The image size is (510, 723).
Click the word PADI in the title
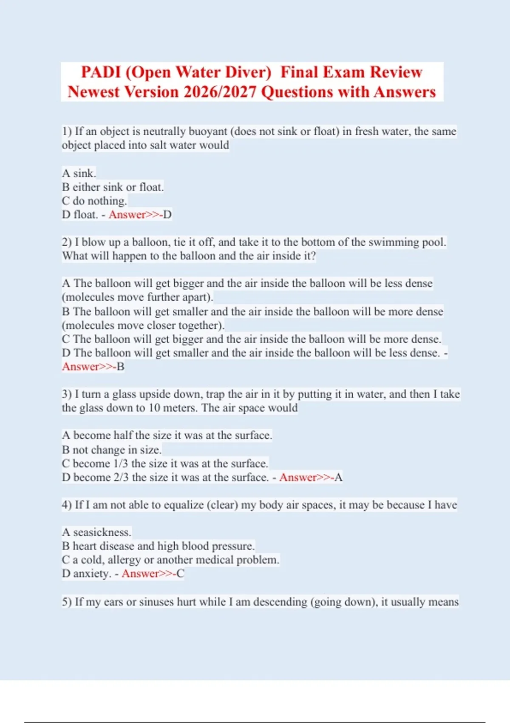[x=101, y=72]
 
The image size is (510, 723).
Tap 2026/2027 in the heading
[x=220, y=92]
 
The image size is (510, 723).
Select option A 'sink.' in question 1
[x=79, y=173]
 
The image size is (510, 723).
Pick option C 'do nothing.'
[x=94, y=201]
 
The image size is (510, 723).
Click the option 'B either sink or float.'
[x=113, y=187]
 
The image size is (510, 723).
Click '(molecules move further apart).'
[x=137, y=297]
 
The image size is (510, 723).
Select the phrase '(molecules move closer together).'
[x=143, y=325]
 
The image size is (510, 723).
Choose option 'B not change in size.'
[x=111, y=450]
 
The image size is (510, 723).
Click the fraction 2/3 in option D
[x=121, y=477]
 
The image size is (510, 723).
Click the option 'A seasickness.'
[x=96, y=532]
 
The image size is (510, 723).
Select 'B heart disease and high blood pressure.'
[x=158, y=546]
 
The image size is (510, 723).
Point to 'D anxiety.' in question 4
[x=87, y=573]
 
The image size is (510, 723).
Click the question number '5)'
[x=67, y=602]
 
